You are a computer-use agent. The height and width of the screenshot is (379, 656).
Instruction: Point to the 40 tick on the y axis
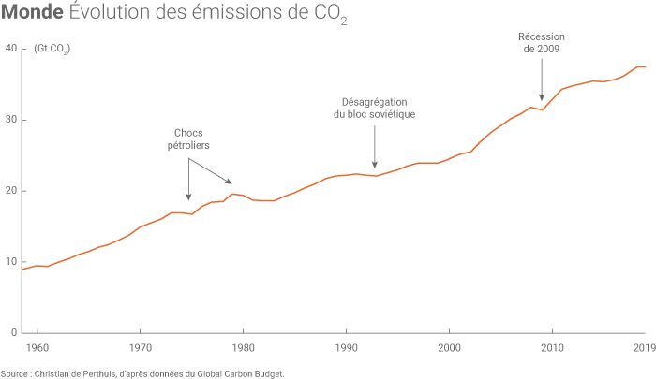[x=11, y=49]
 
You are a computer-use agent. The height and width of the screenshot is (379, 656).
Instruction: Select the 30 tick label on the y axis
[x=11, y=120]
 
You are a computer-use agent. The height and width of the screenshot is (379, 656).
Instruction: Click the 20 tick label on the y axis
[x=11, y=191]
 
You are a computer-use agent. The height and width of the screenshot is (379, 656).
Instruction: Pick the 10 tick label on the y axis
[x=11, y=262]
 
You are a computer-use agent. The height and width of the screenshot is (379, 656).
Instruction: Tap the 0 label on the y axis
[x=14, y=332]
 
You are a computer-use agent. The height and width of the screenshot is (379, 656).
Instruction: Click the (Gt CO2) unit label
[x=52, y=49]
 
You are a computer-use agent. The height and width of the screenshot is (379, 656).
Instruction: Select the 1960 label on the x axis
[x=37, y=347]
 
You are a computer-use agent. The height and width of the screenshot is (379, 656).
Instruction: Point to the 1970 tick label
[x=141, y=347]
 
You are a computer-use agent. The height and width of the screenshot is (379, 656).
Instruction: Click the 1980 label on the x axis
[x=244, y=347]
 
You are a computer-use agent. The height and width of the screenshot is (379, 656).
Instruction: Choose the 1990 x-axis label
[x=347, y=347]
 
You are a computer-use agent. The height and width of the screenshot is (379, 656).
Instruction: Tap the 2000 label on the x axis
[x=450, y=347]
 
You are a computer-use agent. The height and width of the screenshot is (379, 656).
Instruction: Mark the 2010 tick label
[x=553, y=347]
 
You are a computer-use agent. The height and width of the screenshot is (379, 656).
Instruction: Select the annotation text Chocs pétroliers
[x=188, y=139]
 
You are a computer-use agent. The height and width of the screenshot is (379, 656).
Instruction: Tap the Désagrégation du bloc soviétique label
[x=374, y=108]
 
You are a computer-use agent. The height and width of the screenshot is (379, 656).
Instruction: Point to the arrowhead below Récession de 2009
[x=542, y=97]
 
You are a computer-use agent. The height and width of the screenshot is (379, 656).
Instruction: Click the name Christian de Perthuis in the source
[x=75, y=372]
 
